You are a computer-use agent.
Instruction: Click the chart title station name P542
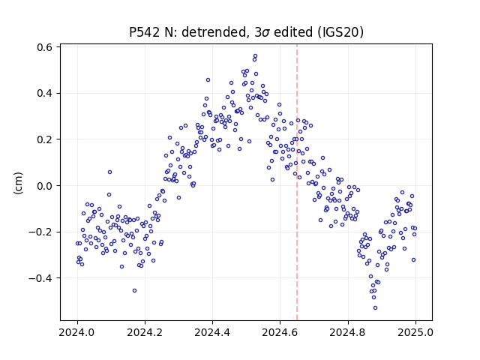145,32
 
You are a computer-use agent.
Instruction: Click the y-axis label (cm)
18,183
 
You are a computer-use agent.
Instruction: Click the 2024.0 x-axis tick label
76,332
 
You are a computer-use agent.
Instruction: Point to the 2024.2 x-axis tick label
145,332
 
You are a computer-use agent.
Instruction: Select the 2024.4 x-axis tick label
212,332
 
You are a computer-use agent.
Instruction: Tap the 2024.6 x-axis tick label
280,332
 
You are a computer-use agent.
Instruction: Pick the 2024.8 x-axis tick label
347,332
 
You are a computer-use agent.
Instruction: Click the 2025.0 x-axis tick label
415,332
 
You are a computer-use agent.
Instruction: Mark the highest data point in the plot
255,56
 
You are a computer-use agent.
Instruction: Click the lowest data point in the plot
375,307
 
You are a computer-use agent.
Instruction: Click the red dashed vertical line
297,182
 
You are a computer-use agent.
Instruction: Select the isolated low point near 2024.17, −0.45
134,290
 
